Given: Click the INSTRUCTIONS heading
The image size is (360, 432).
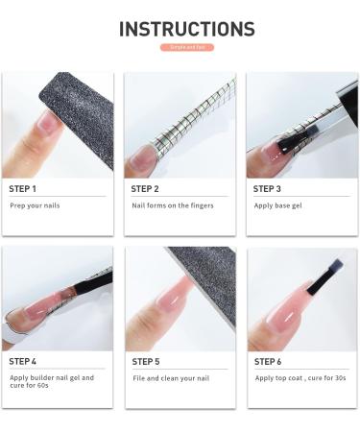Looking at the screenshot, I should [186, 29].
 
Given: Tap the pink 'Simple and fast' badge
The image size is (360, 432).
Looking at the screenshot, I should [186, 47].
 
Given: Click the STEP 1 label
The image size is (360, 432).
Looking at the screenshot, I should [23, 189].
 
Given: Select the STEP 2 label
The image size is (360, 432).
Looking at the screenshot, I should [145, 189].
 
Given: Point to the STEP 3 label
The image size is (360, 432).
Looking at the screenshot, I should [267, 189].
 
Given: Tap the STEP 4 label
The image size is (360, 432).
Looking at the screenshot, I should [23, 361].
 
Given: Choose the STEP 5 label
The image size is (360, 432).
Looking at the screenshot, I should [146, 361].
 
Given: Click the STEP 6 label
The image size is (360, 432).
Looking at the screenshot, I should [268, 361].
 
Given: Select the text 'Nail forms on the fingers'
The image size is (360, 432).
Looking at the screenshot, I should [172, 205].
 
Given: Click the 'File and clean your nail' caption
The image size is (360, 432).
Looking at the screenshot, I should [171, 377].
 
